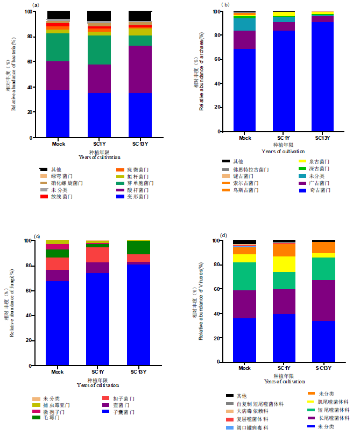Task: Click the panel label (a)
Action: point(36,5)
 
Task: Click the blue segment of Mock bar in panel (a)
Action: point(59,113)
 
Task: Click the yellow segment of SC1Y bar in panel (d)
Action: point(284,264)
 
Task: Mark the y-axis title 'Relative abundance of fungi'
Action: point(11,304)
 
